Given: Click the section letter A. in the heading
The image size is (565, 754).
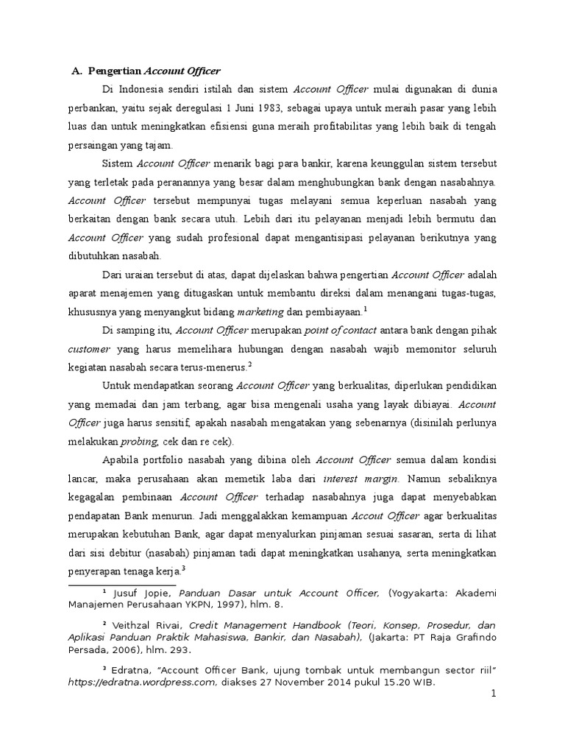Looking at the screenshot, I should pos(77,71).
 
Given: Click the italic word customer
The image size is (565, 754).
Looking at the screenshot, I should pos(89,348).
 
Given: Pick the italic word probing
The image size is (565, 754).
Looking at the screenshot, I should pos(138,442).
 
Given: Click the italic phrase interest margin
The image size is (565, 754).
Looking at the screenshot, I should pos(360,479).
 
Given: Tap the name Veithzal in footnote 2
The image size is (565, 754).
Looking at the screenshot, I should pos(132,624).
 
